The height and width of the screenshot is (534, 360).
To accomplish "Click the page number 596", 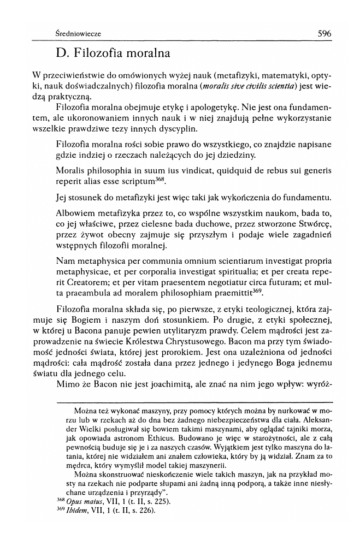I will pos(324,33).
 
